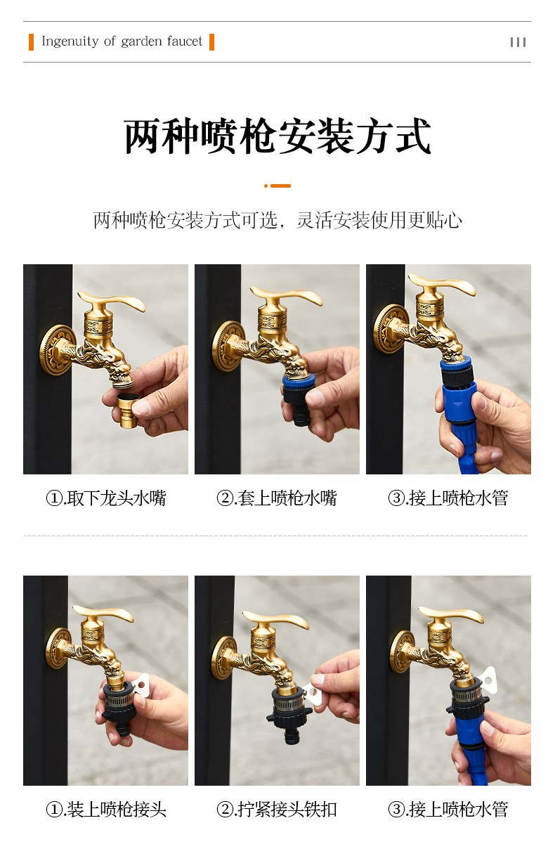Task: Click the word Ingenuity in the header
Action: click(x=70, y=41)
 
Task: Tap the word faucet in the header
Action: click(x=185, y=41)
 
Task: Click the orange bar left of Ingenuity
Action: click(x=31, y=41)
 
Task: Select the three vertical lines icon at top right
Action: click(x=518, y=42)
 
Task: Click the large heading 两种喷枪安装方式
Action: click(x=277, y=136)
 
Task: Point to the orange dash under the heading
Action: click(x=277, y=186)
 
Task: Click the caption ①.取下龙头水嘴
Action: click(x=106, y=498)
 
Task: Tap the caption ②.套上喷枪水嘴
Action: click(x=277, y=498)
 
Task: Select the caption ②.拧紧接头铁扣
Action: click(x=277, y=809)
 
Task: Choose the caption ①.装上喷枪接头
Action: click(x=106, y=809)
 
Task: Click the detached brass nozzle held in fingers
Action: click(x=128, y=410)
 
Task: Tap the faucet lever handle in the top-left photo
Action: click(x=112, y=301)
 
